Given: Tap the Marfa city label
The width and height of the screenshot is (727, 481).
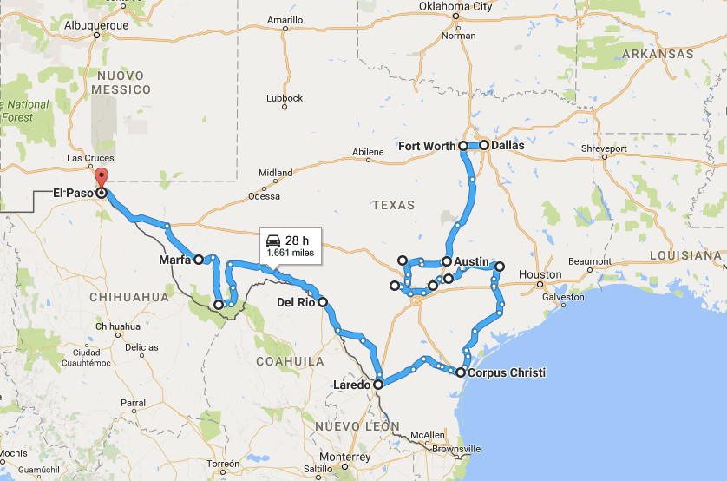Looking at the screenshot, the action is click(x=175, y=260).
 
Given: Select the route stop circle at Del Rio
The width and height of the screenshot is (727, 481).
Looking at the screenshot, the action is click(x=323, y=302).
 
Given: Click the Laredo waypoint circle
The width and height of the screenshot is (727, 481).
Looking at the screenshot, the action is click(x=378, y=384).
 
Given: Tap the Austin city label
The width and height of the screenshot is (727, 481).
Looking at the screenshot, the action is click(x=472, y=260).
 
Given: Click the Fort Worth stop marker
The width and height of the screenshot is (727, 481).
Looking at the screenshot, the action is click(x=463, y=146).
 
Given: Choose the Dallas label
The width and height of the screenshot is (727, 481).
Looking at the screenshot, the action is click(x=508, y=146).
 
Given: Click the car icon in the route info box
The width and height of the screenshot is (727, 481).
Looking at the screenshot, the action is click(x=273, y=240).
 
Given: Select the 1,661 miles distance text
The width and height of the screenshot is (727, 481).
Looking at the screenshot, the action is click(x=290, y=253).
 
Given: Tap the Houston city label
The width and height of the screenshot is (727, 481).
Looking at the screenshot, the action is click(x=540, y=274).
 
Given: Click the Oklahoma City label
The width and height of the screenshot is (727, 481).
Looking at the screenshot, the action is click(x=455, y=6).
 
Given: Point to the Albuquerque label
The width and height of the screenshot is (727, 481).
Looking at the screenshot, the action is click(x=96, y=25).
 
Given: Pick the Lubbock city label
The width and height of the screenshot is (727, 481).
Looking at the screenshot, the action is click(x=285, y=98).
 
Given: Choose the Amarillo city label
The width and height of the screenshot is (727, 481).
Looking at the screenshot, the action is click(x=285, y=19).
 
